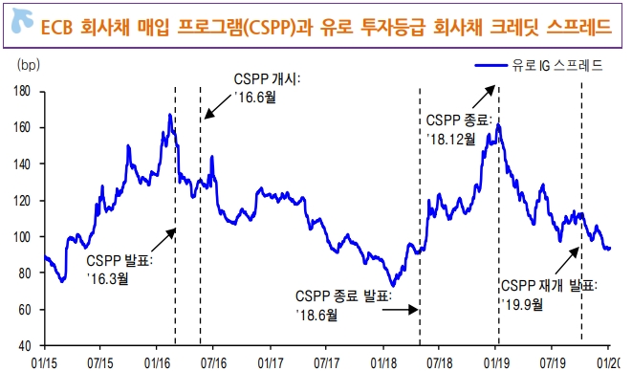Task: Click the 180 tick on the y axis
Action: [24, 91]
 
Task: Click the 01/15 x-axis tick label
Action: [44, 362]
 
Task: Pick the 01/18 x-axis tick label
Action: [384, 362]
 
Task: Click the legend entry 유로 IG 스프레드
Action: [540, 66]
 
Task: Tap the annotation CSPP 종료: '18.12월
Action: [459, 129]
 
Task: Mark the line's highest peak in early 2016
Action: [169, 116]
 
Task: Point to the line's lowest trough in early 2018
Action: [394, 284]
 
